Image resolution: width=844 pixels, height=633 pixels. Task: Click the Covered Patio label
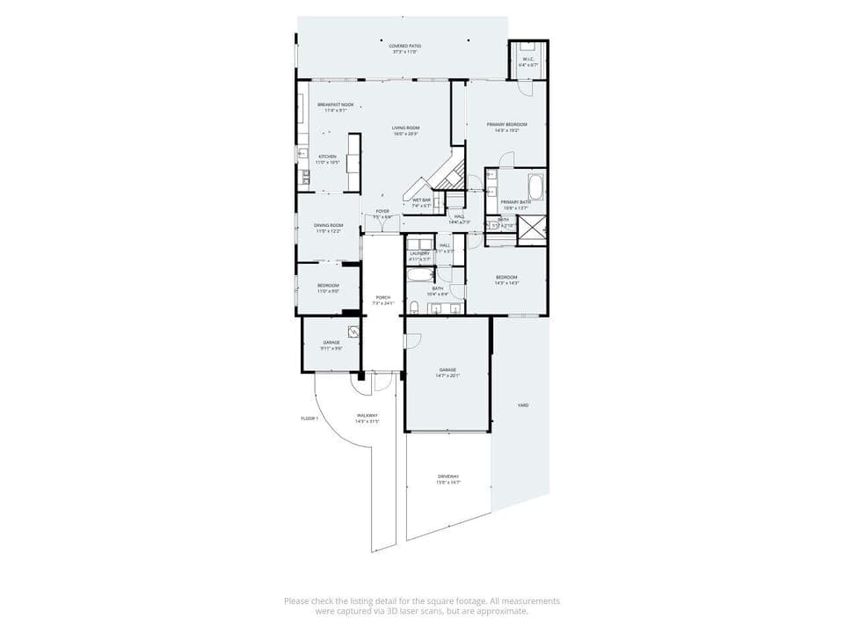(x=404, y=48)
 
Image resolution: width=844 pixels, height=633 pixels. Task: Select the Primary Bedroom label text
(x=507, y=127)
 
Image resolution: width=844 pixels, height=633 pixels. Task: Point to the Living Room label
(x=405, y=131)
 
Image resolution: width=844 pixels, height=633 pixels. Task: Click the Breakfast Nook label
(x=336, y=107)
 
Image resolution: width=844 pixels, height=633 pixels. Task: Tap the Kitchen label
(x=327, y=159)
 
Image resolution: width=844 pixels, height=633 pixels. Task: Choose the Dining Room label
(x=329, y=229)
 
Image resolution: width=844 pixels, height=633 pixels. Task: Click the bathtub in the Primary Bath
(x=535, y=186)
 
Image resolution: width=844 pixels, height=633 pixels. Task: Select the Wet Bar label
(x=422, y=202)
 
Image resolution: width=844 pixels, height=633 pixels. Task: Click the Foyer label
(x=382, y=214)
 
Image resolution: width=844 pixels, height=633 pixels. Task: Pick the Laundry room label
(x=419, y=256)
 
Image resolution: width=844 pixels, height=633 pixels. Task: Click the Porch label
(x=382, y=300)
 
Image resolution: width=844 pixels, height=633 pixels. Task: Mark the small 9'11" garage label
(x=331, y=345)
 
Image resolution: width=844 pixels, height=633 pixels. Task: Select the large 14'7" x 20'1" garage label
(x=447, y=373)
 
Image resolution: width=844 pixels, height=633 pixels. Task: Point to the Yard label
(x=523, y=405)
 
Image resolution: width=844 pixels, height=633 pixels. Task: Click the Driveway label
(x=449, y=479)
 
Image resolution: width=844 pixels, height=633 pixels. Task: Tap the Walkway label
(x=367, y=418)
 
